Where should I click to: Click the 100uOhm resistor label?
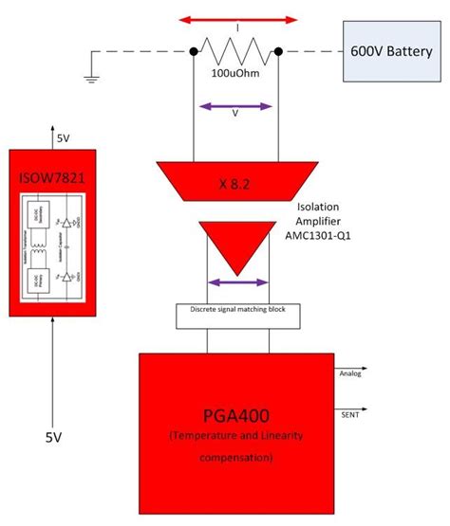click(235, 72)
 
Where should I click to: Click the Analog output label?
click(350, 373)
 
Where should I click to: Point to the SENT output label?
click(347, 413)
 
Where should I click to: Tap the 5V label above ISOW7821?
click(63, 138)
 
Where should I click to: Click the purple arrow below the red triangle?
click(235, 281)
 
